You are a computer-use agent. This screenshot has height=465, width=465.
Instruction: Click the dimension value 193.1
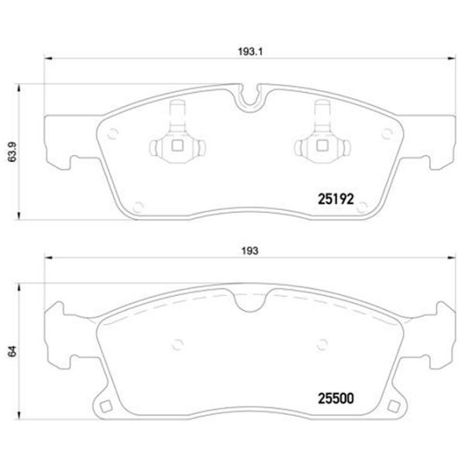pyautogui.click(x=250, y=52)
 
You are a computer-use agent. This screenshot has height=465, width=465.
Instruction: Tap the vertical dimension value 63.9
pyautogui.click(x=12, y=152)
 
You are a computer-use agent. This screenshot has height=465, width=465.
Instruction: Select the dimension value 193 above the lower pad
pyautogui.click(x=250, y=251)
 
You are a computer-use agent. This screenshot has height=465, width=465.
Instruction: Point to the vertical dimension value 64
pyautogui.click(x=12, y=351)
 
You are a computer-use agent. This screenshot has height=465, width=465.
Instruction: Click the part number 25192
pyautogui.click(x=336, y=199)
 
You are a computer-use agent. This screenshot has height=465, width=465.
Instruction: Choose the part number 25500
pyautogui.click(x=336, y=398)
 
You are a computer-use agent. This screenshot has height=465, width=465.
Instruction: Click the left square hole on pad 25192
pyautogui.click(x=177, y=146)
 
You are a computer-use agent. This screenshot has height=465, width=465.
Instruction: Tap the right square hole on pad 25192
pyautogui.click(x=322, y=146)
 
